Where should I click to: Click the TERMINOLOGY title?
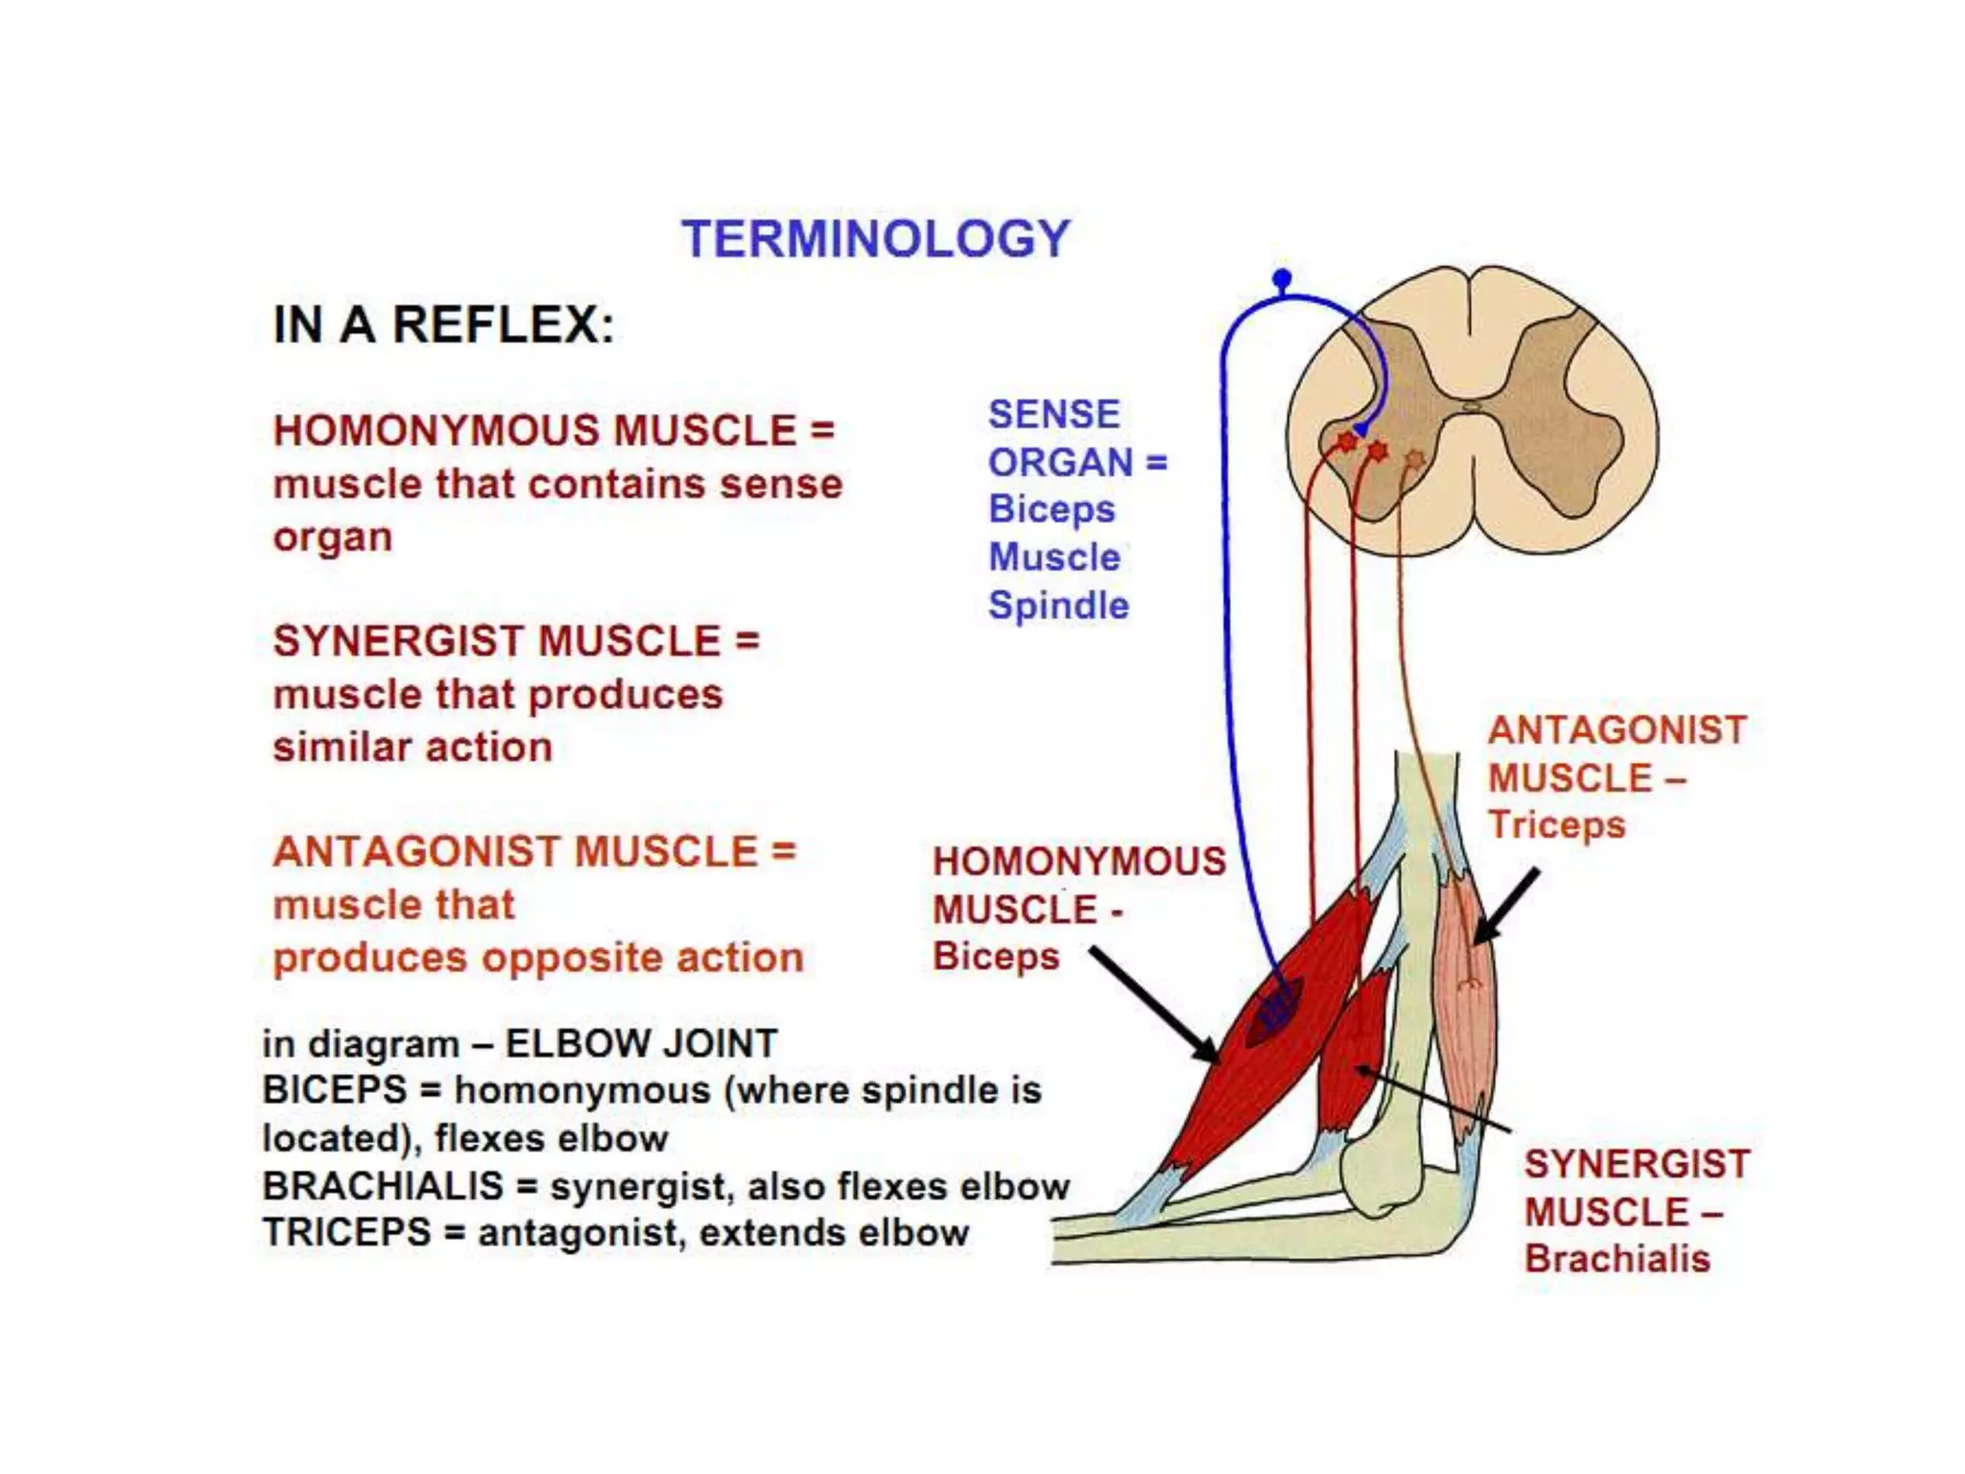(x=875, y=239)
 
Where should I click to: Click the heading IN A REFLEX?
(x=443, y=324)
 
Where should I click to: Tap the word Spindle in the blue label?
(x=1058, y=606)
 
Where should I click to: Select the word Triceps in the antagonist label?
(x=1556, y=825)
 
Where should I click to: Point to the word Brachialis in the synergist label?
(x=1618, y=1258)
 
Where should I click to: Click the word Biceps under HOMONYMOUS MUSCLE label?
(x=996, y=957)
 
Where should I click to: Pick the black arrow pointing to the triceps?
(x=1505, y=907)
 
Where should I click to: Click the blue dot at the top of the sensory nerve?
(x=1282, y=279)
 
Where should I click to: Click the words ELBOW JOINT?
(x=641, y=1044)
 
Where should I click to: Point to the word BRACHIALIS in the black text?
(x=383, y=1186)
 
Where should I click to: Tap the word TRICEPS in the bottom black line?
(x=346, y=1233)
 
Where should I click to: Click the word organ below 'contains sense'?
(x=333, y=538)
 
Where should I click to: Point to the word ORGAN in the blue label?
(x=1060, y=463)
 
